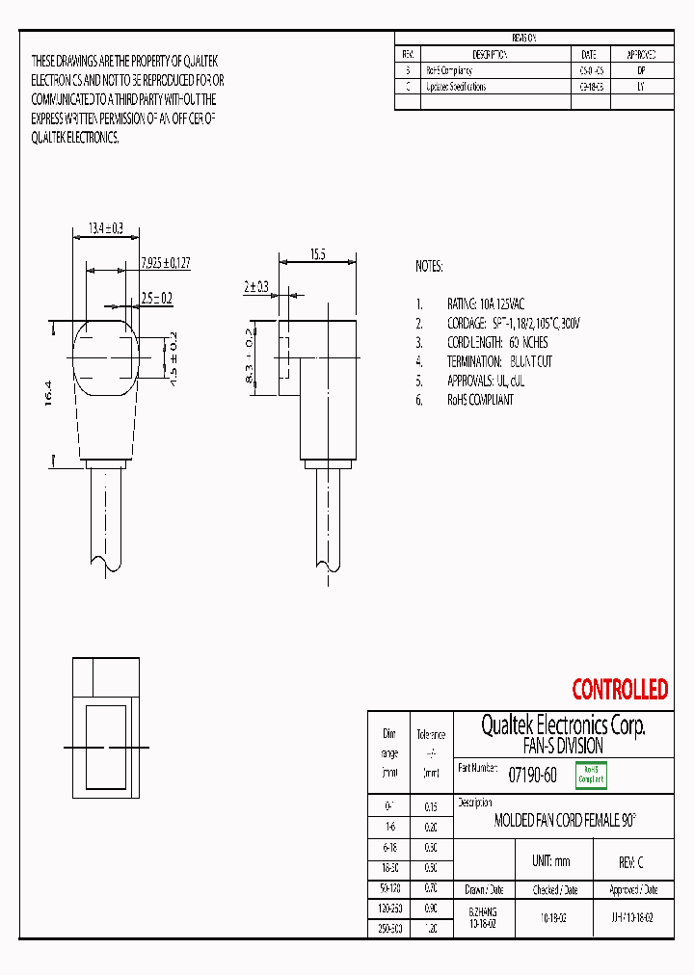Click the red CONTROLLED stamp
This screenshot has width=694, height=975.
click(x=619, y=690)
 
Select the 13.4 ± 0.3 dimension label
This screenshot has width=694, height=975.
click(x=105, y=228)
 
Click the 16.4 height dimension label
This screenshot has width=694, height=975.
click(x=48, y=395)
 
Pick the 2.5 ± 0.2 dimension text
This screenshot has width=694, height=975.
click(x=156, y=299)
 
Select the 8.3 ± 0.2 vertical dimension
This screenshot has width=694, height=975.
click(x=249, y=356)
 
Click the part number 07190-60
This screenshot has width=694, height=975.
click(x=531, y=775)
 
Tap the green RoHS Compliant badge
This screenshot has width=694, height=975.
click(x=590, y=775)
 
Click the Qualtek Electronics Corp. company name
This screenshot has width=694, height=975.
click(x=563, y=725)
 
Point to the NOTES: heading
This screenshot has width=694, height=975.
click(x=429, y=266)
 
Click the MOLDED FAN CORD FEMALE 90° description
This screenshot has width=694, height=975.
click(x=565, y=821)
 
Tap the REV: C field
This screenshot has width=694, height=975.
click(x=630, y=862)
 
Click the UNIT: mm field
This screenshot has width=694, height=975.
click(x=551, y=861)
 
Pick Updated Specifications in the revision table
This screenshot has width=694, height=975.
click(x=456, y=87)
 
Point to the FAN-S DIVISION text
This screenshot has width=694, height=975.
click(x=563, y=747)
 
